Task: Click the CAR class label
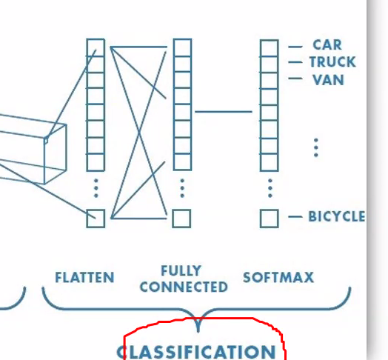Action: (327, 44)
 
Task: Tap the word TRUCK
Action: (332, 62)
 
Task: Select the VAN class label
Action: (328, 80)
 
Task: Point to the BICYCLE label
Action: (336, 216)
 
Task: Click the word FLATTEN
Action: (84, 277)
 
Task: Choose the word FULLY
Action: (181, 270)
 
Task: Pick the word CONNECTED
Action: (184, 287)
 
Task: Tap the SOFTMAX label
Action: (278, 277)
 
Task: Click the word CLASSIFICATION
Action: (196, 352)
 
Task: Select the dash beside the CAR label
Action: (295, 47)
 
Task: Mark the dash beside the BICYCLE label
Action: (295, 217)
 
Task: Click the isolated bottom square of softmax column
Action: (270, 219)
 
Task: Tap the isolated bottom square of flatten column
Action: (96, 219)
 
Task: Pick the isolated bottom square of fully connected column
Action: (181, 219)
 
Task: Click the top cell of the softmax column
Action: (270, 48)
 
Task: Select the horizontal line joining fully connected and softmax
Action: (224, 112)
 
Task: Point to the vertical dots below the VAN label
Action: (315, 147)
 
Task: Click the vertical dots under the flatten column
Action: (96, 188)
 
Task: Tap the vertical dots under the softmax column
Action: (270, 188)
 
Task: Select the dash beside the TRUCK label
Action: (295, 62)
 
